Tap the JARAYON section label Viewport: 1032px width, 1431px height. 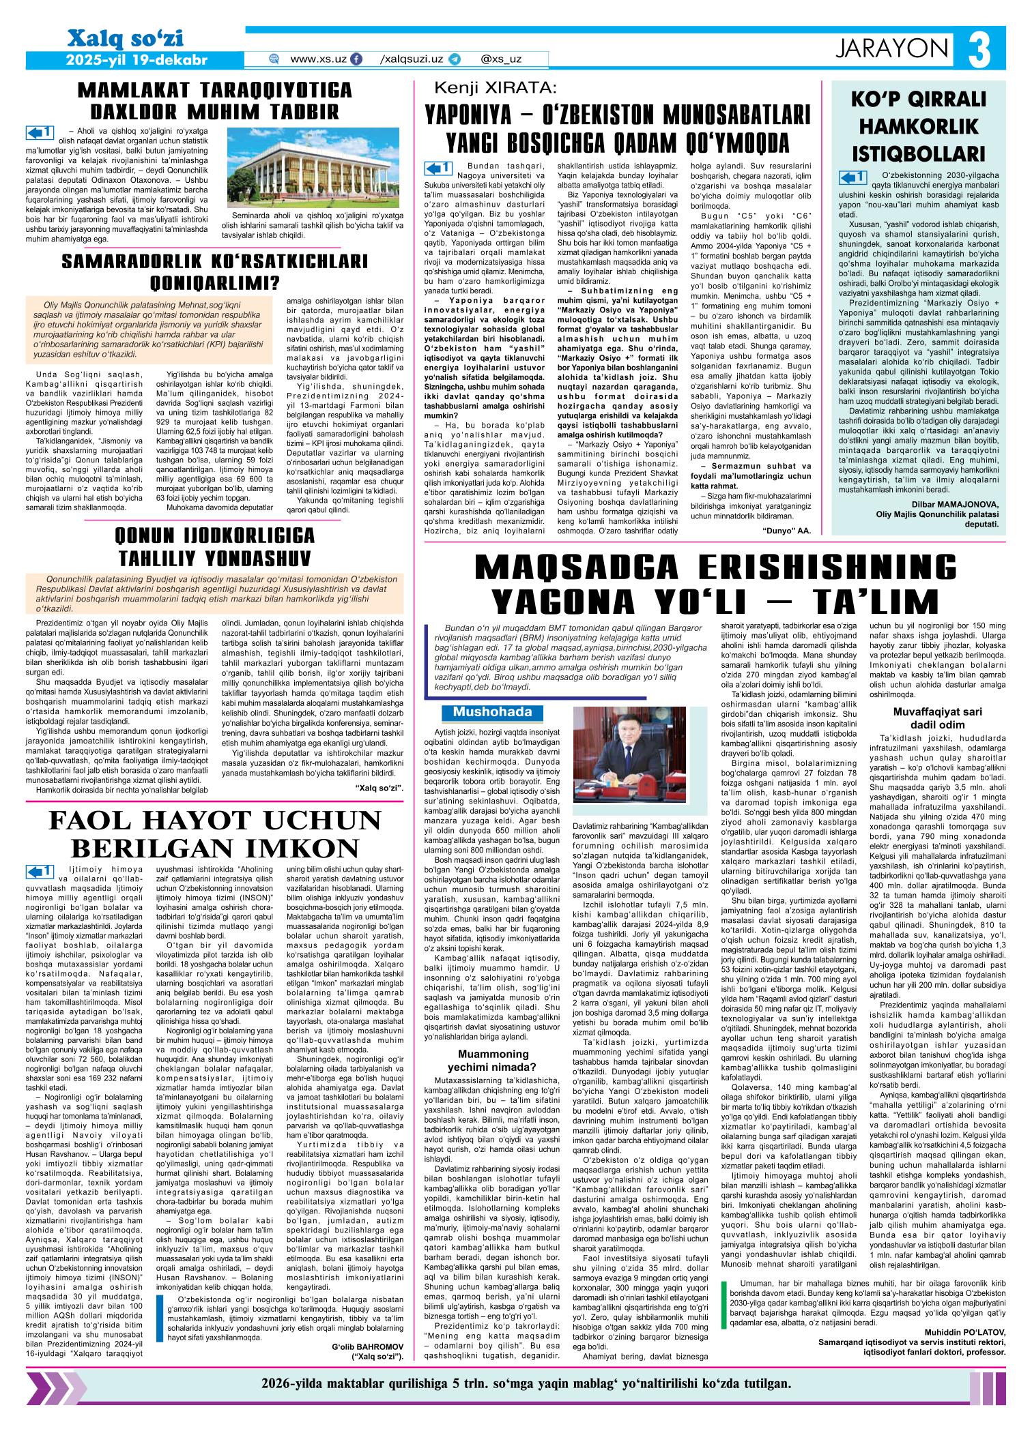[893, 48]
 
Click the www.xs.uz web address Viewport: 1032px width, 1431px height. [318, 59]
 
